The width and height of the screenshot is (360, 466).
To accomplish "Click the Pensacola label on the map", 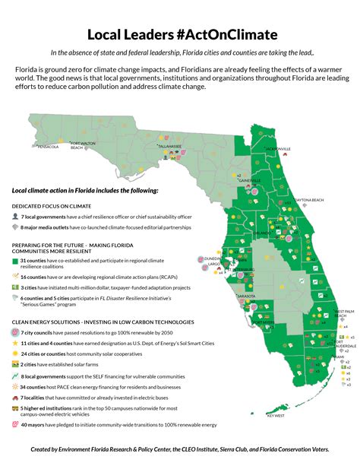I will tap(48, 147).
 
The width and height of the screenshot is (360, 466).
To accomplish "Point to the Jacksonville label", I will tap(278, 148).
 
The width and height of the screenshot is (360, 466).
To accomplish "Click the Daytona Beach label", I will tap(309, 200).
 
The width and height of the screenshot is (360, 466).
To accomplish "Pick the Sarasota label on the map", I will tap(245, 293).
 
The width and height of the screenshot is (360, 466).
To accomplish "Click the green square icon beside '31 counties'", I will tap(16, 261).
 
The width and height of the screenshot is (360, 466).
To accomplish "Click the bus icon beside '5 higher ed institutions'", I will tap(16, 408).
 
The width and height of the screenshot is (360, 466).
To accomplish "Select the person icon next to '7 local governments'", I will tap(16, 217).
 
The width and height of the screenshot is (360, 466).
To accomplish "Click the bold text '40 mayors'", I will tap(36, 424).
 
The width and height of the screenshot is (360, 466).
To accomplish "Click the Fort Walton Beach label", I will tap(83, 145).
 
